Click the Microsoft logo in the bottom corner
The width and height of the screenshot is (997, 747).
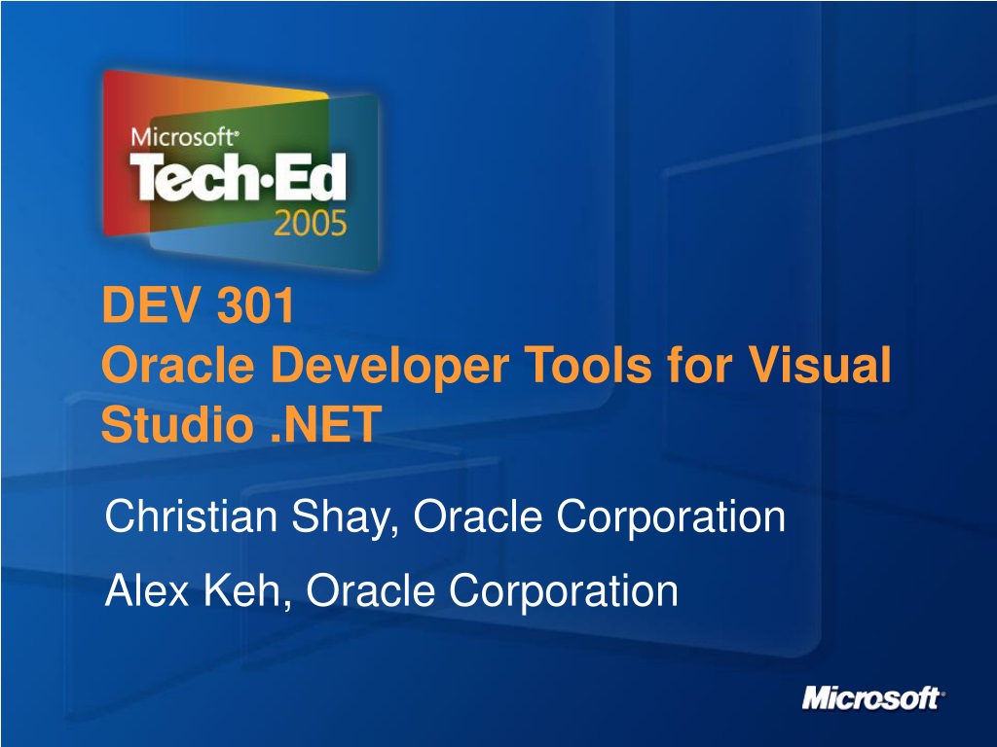pyautogui.click(x=873, y=697)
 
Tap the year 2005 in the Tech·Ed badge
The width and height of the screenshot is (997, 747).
pyautogui.click(x=311, y=224)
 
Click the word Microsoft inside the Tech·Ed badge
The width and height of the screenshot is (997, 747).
pyautogui.click(x=184, y=137)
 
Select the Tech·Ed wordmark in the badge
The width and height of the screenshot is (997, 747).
pyautogui.click(x=239, y=177)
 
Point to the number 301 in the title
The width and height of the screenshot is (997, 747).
pyautogui.click(x=256, y=305)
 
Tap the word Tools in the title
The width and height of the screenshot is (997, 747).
pyautogui.click(x=589, y=366)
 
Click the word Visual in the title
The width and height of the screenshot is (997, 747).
pyautogui.click(x=819, y=366)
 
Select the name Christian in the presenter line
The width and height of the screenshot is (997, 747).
pyautogui.click(x=191, y=516)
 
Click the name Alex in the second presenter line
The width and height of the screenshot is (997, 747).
pyautogui.click(x=147, y=590)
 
